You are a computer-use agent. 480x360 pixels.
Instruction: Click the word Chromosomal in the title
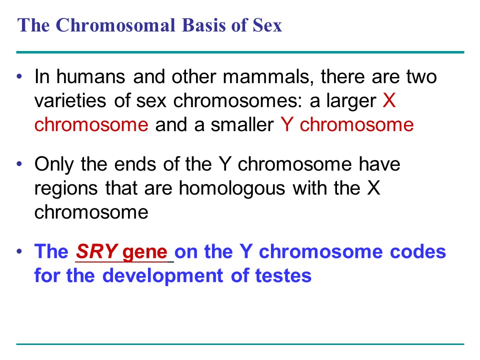pos(115,25)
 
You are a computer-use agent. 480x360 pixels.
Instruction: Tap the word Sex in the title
pos(267,25)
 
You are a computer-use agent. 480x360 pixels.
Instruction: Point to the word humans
pos(90,76)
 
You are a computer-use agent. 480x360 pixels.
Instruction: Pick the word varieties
pos(70,100)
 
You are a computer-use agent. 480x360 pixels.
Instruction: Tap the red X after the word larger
pos(389,100)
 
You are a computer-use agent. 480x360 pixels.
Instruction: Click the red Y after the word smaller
pos(287,124)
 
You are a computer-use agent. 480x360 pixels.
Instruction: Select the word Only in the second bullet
pos(54,164)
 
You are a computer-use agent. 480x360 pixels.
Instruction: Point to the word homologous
pos(232,189)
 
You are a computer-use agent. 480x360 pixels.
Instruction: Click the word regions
pos(66,189)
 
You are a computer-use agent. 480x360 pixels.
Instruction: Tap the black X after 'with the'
pos(373,187)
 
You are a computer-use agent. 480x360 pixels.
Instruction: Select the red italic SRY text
pos(96,251)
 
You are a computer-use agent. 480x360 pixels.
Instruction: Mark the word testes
pos(283,275)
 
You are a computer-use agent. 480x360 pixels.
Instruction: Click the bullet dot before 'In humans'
pos(19,76)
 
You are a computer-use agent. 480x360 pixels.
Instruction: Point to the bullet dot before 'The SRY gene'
pos(19,251)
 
